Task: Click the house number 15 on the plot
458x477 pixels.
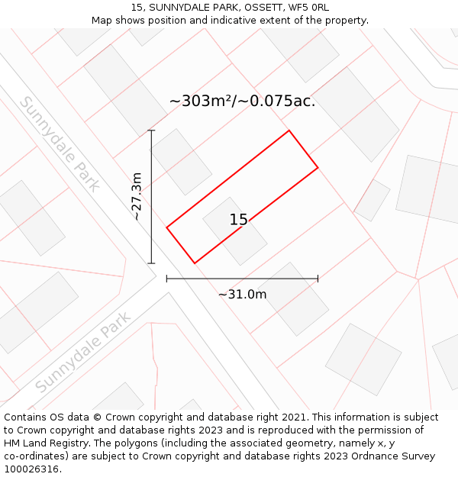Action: (238, 220)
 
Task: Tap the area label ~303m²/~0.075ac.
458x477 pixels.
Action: (242, 101)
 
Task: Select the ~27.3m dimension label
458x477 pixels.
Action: (137, 197)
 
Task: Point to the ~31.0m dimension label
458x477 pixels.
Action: (242, 295)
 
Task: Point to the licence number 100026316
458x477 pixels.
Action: (31, 469)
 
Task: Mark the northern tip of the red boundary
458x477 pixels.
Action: (289, 131)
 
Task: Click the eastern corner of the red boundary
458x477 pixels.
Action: (318, 167)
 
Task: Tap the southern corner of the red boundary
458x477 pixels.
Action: (195, 263)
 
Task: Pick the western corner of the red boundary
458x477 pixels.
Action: (166, 227)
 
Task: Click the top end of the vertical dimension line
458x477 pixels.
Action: (151, 131)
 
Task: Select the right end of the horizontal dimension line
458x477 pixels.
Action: (318, 279)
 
